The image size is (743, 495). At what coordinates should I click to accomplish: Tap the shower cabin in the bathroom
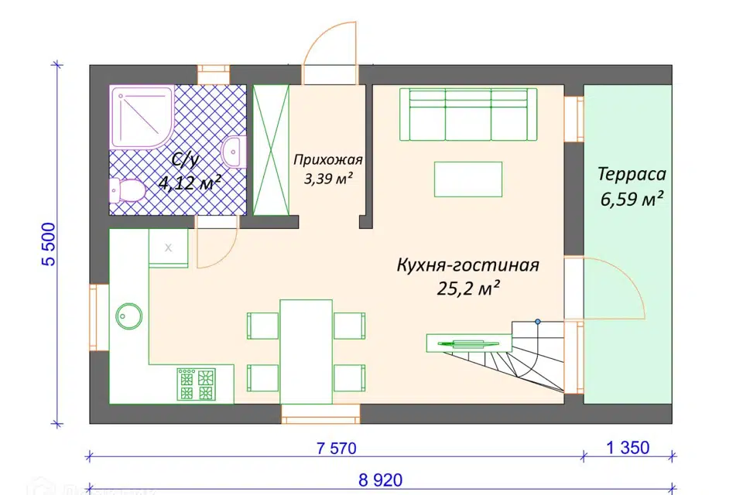(x=142, y=117)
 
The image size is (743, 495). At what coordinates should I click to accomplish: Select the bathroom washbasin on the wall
(x=234, y=152)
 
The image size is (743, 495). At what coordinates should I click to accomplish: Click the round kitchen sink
(x=128, y=316)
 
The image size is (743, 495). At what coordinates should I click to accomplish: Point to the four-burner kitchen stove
(x=196, y=384)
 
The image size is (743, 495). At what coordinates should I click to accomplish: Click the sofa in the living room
(x=468, y=114)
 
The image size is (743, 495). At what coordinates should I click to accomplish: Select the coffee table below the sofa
(x=468, y=179)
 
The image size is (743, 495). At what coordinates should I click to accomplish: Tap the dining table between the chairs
(x=306, y=351)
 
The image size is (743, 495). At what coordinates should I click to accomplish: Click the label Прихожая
(x=328, y=159)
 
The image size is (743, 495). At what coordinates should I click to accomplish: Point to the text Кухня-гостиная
(x=467, y=265)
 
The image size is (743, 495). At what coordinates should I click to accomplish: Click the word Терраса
(x=632, y=174)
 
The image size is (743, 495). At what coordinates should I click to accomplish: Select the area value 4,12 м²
(x=190, y=183)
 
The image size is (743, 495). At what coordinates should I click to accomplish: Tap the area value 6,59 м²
(x=632, y=199)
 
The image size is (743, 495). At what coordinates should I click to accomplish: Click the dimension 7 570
(x=337, y=448)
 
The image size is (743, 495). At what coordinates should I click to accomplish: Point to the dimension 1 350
(x=628, y=448)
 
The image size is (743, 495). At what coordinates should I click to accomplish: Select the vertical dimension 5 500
(x=50, y=244)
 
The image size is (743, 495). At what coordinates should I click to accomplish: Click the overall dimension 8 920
(x=381, y=480)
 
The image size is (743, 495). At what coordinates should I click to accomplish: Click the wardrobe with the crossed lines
(x=271, y=150)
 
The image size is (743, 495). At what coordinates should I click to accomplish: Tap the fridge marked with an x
(x=168, y=247)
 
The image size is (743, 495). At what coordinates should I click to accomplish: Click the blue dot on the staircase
(x=538, y=322)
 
